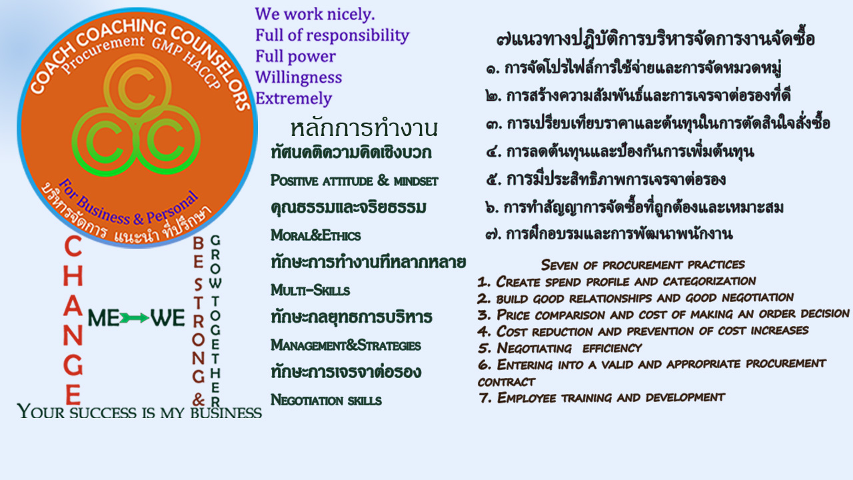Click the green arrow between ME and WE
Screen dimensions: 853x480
pos(135,318)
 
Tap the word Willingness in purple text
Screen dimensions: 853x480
pos(299,77)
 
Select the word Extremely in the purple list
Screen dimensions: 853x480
pos(294,98)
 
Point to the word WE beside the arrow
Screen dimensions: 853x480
pos(167,318)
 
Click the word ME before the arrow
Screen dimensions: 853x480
pos(103,318)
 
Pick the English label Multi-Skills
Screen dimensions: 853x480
pos(310,290)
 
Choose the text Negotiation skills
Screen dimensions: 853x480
pos(326,400)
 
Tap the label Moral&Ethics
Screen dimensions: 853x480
pos(315,235)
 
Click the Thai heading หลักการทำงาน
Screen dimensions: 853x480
pos(364,128)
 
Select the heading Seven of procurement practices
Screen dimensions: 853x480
pos(643,265)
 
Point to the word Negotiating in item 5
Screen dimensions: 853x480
pos(534,348)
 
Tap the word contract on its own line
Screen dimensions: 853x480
pos(506,382)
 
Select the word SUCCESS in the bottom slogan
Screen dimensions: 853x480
pos(103,413)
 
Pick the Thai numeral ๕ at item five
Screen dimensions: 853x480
pos(492,179)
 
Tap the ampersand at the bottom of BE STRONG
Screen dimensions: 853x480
pos(199,399)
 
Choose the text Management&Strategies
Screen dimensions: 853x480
pos(346,345)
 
